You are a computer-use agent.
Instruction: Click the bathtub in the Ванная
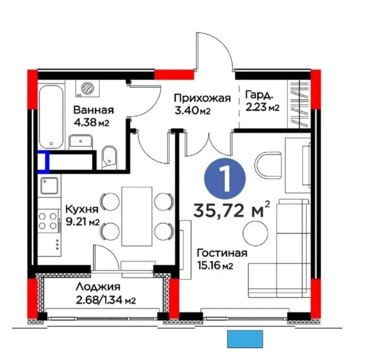click(x=51, y=117)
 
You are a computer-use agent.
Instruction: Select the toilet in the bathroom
click(x=109, y=157)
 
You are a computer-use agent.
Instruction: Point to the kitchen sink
click(x=49, y=186)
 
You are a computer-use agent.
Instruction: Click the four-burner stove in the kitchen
click(x=48, y=221)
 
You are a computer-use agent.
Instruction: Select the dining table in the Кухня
click(x=137, y=216)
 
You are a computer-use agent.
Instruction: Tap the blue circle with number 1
click(x=225, y=178)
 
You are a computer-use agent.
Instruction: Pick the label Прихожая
click(x=202, y=98)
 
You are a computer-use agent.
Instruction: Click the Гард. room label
click(x=259, y=95)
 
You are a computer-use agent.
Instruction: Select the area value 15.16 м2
click(x=215, y=265)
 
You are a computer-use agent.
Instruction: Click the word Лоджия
click(x=98, y=287)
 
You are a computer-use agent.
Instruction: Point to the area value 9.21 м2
click(x=82, y=222)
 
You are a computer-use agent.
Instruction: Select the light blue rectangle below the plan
click(x=245, y=339)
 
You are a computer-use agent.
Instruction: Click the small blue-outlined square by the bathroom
click(x=43, y=161)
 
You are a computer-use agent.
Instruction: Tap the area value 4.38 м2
click(x=92, y=122)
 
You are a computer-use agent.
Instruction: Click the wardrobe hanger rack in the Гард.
click(x=300, y=104)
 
